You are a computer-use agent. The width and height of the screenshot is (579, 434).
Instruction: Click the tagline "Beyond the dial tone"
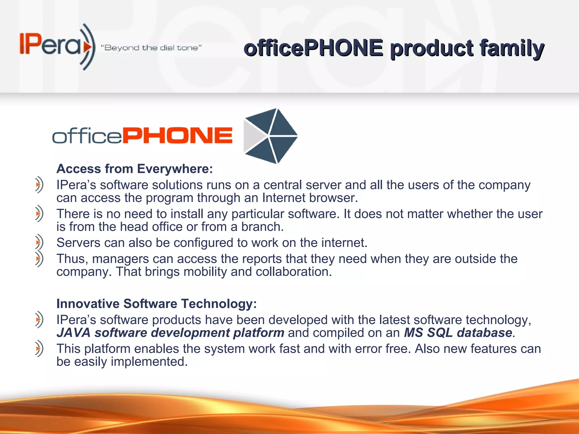[151, 48]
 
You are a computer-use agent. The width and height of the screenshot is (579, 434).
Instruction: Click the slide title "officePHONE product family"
[394, 48]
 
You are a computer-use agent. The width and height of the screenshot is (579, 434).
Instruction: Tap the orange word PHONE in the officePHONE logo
[178, 136]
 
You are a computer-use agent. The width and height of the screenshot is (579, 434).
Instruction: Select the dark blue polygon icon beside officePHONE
[270, 136]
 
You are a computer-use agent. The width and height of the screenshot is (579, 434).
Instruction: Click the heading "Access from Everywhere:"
[135, 169]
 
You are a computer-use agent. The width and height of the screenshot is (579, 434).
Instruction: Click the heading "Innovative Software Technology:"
[157, 304]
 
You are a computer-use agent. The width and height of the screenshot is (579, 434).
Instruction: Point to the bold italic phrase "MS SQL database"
[458, 333]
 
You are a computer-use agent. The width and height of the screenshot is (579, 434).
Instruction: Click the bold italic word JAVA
[74, 333]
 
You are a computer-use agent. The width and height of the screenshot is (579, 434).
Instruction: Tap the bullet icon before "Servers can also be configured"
[39, 242]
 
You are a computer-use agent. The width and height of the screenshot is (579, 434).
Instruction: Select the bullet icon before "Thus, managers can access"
[39, 259]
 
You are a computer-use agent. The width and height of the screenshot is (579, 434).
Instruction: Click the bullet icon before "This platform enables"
[39, 349]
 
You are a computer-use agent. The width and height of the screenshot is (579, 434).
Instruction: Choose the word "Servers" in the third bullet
[78, 243]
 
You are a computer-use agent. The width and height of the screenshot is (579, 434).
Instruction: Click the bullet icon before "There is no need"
[39, 214]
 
